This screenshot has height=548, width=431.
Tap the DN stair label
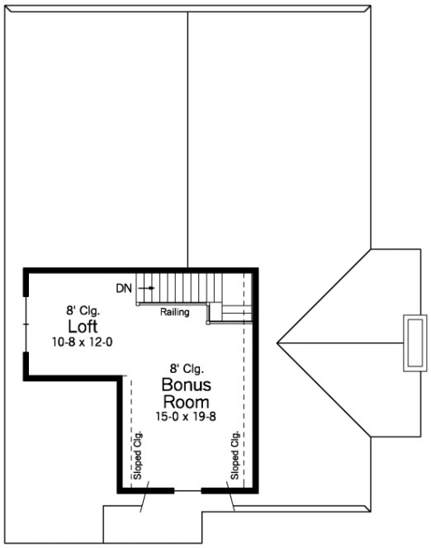(123, 288)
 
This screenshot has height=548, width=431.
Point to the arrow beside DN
(146, 288)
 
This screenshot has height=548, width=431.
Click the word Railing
(175, 312)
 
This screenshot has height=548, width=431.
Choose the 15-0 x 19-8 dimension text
(186, 416)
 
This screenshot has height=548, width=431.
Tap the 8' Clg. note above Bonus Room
(187, 370)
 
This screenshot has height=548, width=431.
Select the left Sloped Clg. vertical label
(138, 456)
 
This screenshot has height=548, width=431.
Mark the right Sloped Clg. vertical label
(235, 456)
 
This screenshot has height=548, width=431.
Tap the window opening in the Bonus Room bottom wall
(187, 490)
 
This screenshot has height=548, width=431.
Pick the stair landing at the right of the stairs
(234, 312)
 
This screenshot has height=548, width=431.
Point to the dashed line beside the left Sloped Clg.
(127, 429)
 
